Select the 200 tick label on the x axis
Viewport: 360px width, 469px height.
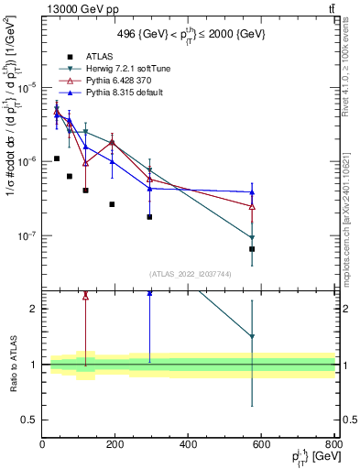click(115, 444)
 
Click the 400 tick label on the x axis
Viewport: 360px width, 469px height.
click(188, 444)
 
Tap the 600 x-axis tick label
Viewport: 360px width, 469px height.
click(261, 444)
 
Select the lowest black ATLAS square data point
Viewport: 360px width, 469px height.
click(252, 248)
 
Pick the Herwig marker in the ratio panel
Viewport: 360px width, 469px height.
click(252, 337)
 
